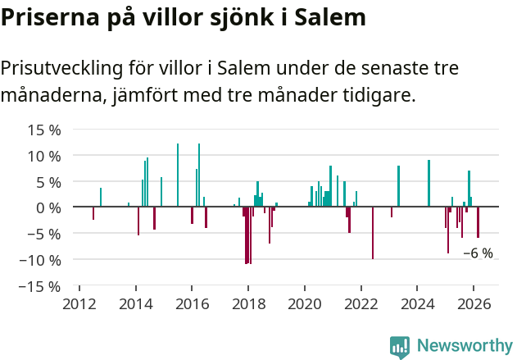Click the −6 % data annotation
click(478, 253)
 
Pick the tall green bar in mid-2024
click(429, 184)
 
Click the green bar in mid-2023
click(398, 186)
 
